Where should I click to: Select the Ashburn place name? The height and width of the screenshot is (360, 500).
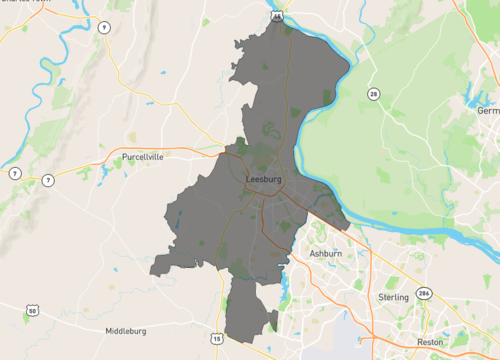(x=325, y=255)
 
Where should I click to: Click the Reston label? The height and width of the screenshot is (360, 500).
(x=430, y=341)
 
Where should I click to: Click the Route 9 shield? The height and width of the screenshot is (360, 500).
(x=103, y=28)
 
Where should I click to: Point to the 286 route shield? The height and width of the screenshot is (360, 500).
(x=424, y=292)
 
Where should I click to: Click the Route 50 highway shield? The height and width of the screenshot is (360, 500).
(x=33, y=311)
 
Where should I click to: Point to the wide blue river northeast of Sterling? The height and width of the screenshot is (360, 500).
(x=450, y=240)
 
